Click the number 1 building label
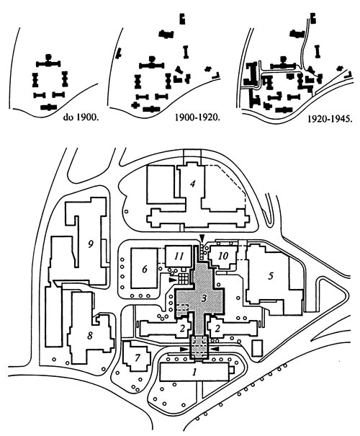click(x=194, y=371)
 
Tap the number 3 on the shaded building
click(x=204, y=299)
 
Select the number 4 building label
click(x=192, y=184)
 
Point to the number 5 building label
click(x=271, y=275)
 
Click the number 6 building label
click(x=145, y=269)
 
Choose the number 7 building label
click(x=138, y=357)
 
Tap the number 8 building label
click(x=90, y=336)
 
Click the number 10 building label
click(x=223, y=256)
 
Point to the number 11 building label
click(x=179, y=256)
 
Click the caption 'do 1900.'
click(x=81, y=117)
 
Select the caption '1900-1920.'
click(x=197, y=117)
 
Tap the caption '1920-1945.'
click(x=330, y=119)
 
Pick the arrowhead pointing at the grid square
click(x=173, y=280)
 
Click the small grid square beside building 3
click(x=184, y=278)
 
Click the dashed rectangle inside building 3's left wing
click(x=182, y=308)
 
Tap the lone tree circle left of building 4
click(x=127, y=211)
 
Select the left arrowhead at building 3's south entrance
click(x=184, y=349)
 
